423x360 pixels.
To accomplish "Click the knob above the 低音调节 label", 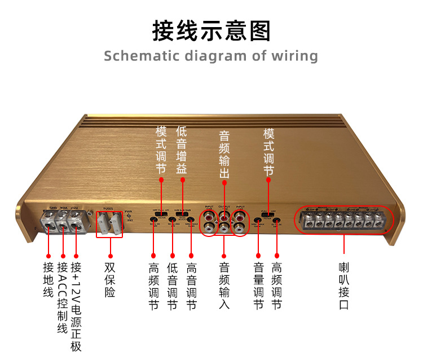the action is [x=172, y=219].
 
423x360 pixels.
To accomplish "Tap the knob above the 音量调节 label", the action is [x=258, y=219].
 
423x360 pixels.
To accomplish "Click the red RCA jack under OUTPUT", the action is [x=224, y=216].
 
